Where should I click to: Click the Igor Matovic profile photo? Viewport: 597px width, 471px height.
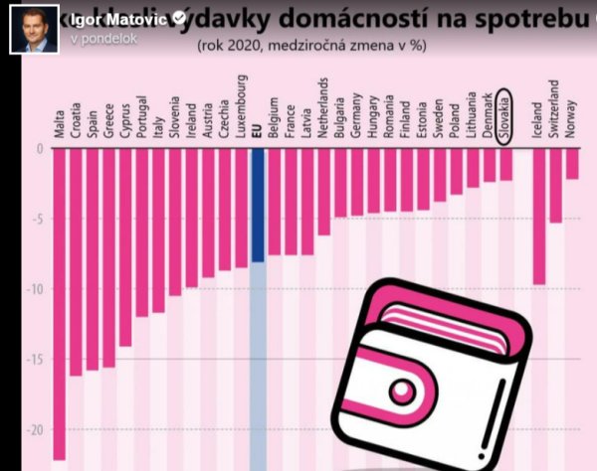click(x=31, y=26)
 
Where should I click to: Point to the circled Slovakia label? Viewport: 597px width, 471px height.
click(x=505, y=117)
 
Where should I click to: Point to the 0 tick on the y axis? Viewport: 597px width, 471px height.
click(x=40, y=148)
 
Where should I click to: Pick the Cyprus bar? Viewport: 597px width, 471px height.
click(x=125, y=247)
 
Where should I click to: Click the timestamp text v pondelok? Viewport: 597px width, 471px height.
click(x=103, y=37)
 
